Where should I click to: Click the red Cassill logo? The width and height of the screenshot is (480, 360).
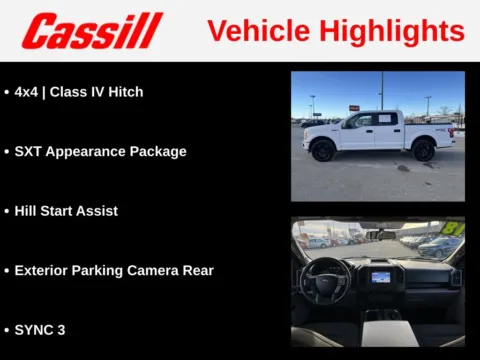tap(92, 31)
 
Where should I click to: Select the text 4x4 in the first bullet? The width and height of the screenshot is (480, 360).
tap(27, 92)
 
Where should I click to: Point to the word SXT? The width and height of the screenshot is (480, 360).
tap(29, 152)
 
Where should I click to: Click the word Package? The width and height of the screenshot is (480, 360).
tap(159, 152)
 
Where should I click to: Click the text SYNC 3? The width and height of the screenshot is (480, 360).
tap(40, 329)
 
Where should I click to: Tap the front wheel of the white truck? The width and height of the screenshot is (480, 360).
tap(323, 151)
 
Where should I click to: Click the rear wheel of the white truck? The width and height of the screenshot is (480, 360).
tap(424, 150)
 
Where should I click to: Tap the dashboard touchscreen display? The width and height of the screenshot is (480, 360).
tap(381, 276)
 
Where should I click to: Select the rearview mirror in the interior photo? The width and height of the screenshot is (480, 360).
tap(386, 234)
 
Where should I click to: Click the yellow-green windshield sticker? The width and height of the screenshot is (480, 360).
tap(455, 229)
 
